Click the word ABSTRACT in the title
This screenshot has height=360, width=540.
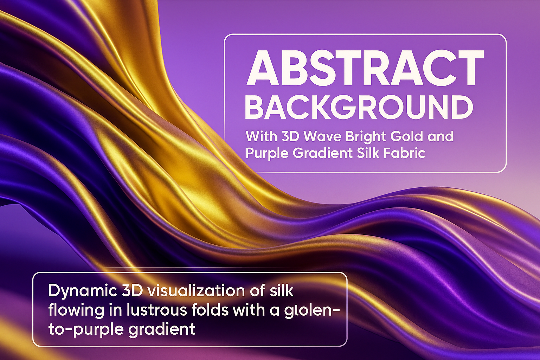(x=365, y=68)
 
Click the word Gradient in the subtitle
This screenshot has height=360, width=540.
(x=322, y=153)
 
